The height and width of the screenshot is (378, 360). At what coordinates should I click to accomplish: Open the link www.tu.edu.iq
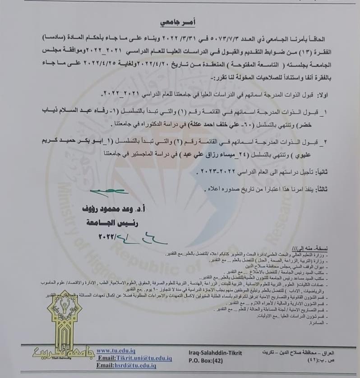click(x=117, y=350)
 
